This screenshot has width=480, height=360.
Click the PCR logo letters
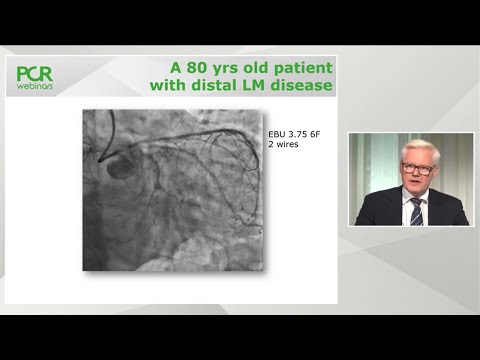[35, 73]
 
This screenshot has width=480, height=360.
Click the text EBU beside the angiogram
[277, 134]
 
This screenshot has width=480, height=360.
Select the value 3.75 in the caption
[298, 134]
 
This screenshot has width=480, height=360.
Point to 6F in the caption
[318, 134]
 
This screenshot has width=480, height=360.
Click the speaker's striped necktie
[415, 210]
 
